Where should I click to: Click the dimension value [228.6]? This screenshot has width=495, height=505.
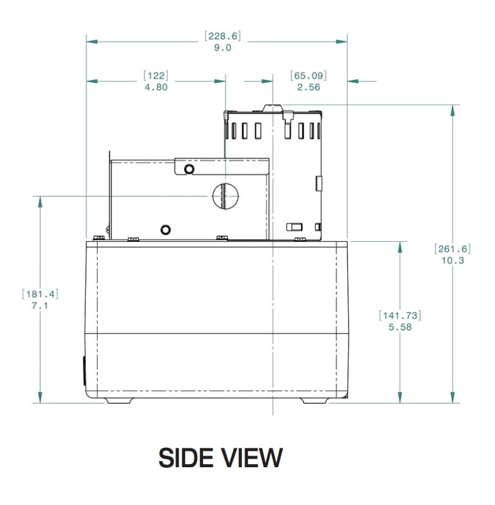tap(223, 36)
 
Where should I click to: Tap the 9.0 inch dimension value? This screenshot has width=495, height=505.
tap(223, 48)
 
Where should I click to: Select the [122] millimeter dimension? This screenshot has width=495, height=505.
tap(156, 76)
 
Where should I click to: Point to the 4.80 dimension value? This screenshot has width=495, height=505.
tap(156, 87)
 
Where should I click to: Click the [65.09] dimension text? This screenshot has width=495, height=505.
tap(308, 76)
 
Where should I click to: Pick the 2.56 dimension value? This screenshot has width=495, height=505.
tap(308, 87)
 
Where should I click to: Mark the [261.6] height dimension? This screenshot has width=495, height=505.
tap(452, 249)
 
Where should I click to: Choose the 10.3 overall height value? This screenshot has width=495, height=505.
tap(452, 260)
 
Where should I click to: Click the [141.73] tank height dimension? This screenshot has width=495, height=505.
tap(400, 316)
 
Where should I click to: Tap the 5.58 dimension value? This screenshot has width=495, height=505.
tap(400, 327)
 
